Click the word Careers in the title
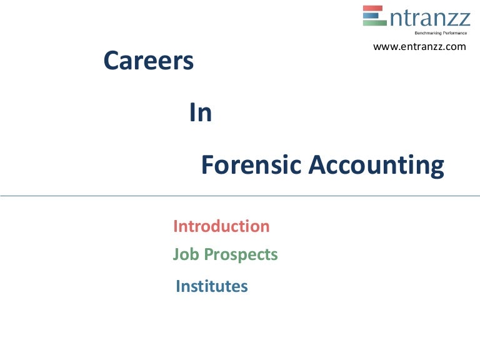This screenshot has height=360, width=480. click(148, 61)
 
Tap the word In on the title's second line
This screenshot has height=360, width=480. click(201, 113)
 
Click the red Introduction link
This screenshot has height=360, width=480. click(221, 226)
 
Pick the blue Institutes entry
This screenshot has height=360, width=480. click(212, 287)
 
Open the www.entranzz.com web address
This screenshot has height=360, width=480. click(419, 47)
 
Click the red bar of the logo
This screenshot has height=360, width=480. click(374, 9)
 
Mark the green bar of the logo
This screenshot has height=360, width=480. click(374, 22)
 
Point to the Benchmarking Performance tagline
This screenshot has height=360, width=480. click(442, 32)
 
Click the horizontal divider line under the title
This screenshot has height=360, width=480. click(240, 196)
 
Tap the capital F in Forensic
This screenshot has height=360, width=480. click(207, 166)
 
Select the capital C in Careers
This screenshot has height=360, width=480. click(111, 61)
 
